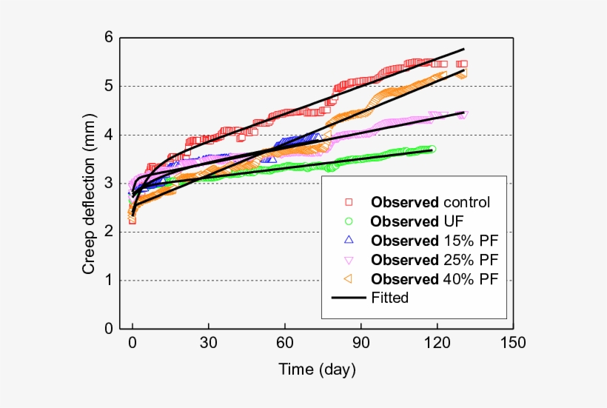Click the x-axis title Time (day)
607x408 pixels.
(x=317, y=368)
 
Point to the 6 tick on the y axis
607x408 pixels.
(x=109, y=38)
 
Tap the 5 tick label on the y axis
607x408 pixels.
(x=109, y=87)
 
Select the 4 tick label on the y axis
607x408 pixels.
(x=109, y=136)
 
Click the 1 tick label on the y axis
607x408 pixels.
(x=109, y=281)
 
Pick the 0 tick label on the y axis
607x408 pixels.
(x=109, y=329)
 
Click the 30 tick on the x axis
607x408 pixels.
(x=209, y=344)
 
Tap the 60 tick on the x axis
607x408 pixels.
(x=285, y=344)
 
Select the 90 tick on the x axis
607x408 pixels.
(x=361, y=344)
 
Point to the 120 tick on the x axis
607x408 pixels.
(x=437, y=344)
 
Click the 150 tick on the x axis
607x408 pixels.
(x=513, y=344)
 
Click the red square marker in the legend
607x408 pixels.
(x=349, y=201)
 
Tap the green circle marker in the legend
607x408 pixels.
(x=349, y=221)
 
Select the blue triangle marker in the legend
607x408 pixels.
(x=349, y=240)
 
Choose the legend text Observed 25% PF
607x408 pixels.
(x=435, y=260)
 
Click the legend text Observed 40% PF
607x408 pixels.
(x=435, y=279)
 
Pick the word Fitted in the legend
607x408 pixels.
(x=390, y=298)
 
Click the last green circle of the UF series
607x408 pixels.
(x=432, y=149)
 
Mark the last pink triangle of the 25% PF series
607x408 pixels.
(x=464, y=115)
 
